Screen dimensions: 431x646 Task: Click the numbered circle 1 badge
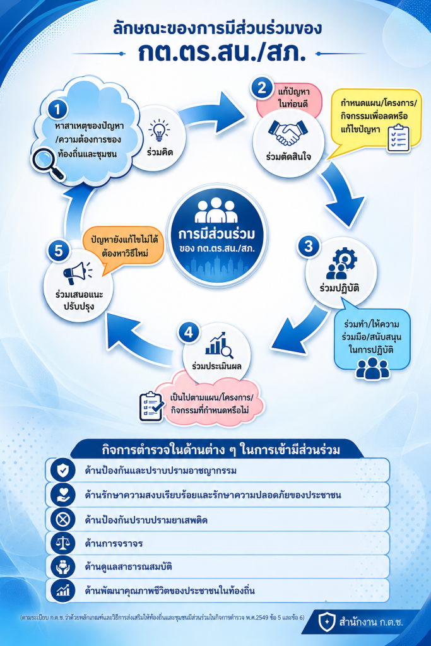57,109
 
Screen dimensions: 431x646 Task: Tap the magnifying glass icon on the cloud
48,163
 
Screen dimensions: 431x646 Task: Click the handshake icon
288,132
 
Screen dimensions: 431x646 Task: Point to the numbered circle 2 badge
262,88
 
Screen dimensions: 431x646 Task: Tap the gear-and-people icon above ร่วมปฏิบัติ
341,263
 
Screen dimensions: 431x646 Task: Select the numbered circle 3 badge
309,247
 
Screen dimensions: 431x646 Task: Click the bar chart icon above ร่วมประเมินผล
219,344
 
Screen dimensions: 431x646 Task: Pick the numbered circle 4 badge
189,332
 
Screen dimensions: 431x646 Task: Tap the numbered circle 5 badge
59,251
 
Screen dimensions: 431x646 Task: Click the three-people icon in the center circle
216,210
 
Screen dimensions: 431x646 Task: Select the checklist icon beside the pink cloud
151,406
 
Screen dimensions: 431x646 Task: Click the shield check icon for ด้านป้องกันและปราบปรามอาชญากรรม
62,470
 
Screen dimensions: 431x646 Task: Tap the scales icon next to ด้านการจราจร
62,543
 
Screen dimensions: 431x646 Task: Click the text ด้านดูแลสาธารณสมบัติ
128,567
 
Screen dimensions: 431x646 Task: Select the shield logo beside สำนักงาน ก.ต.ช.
327,621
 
